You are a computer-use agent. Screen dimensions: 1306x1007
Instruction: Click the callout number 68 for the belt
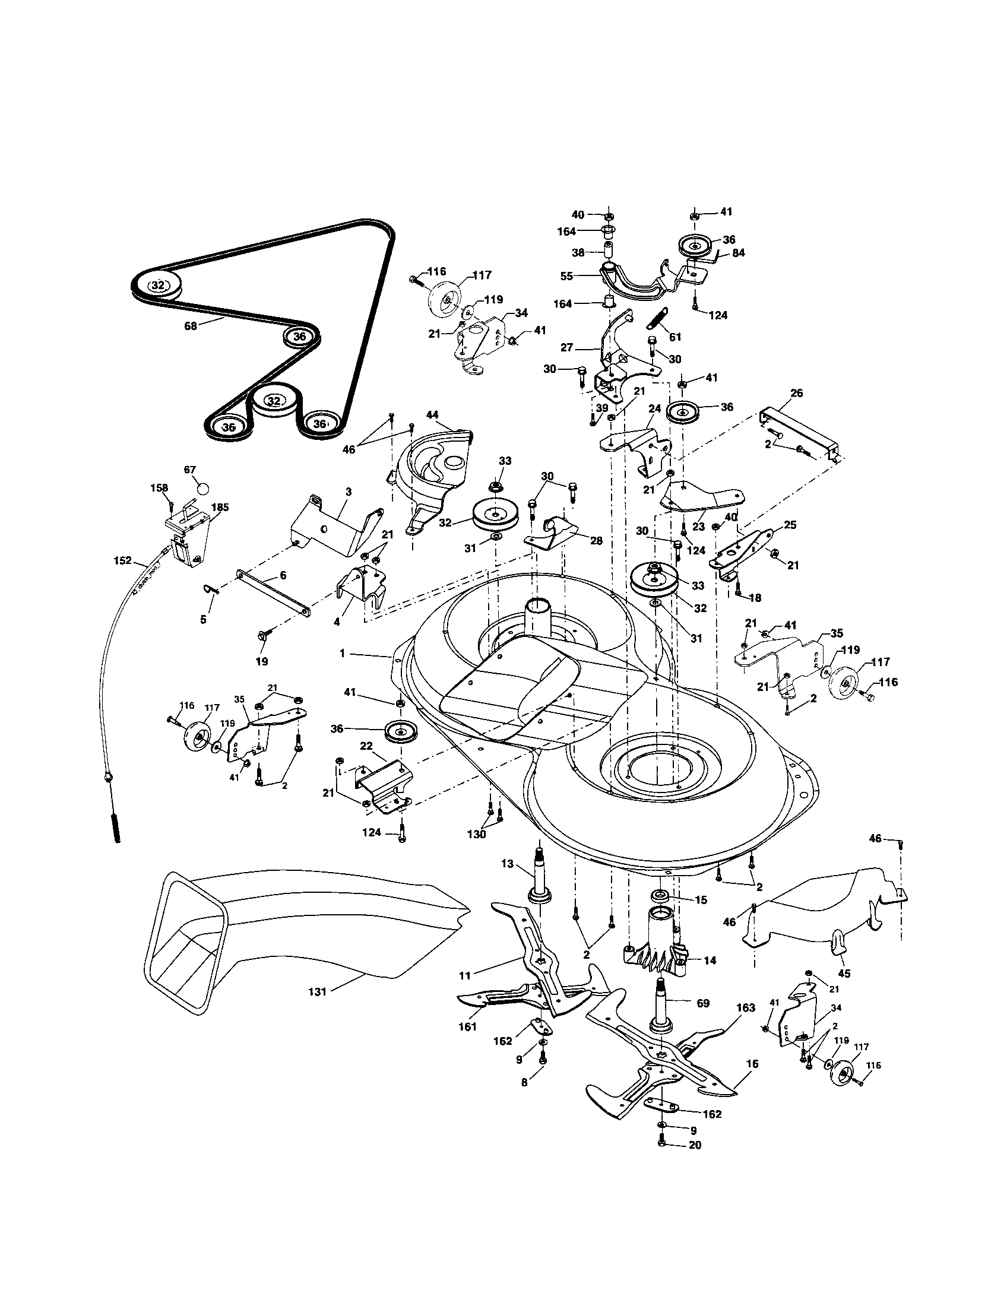pyautogui.click(x=190, y=326)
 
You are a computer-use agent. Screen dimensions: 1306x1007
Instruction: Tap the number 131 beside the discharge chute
pyautogui.click(x=317, y=991)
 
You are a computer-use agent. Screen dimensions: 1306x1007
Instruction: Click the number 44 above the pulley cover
pyautogui.click(x=432, y=414)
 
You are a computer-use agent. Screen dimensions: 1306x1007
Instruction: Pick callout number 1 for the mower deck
pyautogui.click(x=342, y=654)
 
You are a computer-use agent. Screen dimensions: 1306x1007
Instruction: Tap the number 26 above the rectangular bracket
pyautogui.click(x=796, y=393)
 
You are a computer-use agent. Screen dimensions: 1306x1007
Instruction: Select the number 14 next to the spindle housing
pyautogui.click(x=710, y=961)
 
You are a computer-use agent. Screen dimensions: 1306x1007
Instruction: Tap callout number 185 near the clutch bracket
pyautogui.click(x=220, y=507)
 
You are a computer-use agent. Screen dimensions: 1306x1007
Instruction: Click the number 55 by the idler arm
pyautogui.click(x=567, y=276)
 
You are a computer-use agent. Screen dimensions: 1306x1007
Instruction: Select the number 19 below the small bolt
pyautogui.click(x=262, y=661)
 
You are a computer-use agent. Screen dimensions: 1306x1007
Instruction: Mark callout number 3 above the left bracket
pyautogui.click(x=349, y=492)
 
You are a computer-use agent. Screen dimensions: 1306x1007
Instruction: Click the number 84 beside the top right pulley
pyautogui.click(x=739, y=253)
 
